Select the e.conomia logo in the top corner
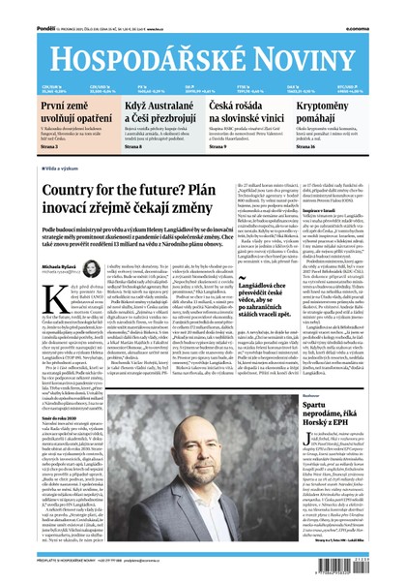tap(381, 8)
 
